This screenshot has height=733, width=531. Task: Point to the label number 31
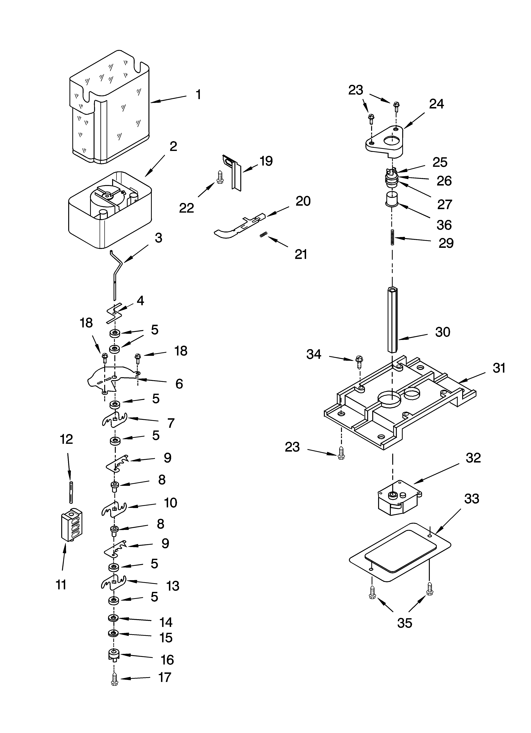(x=499, y=368)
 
